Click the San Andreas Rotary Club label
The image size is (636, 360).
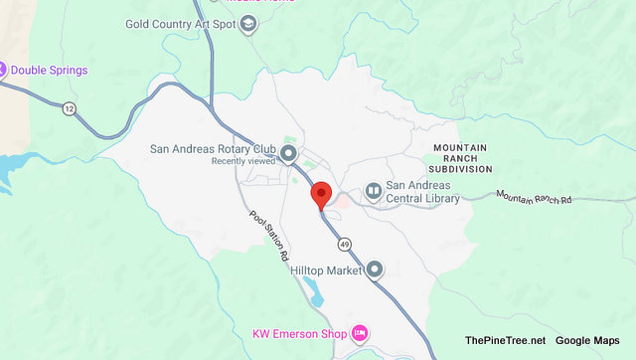pos(213,150)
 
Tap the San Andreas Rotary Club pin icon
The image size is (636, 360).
pos(288,153)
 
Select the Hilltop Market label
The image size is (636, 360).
pos(323,269)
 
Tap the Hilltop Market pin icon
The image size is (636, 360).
pos(375,269)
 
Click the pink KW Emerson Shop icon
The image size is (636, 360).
pos(360,331)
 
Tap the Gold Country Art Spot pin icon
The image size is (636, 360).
pos(248,24)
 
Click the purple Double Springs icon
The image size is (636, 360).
pos(3,70)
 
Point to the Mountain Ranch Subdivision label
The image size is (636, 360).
pos(460,158)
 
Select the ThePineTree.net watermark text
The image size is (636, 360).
pos(505,341)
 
